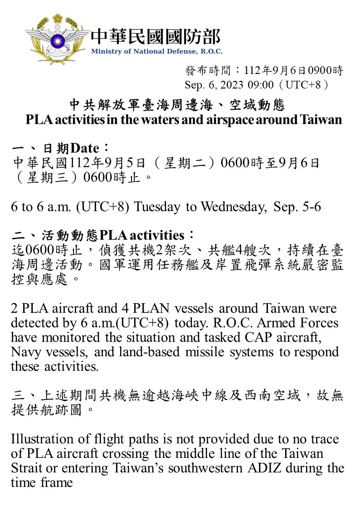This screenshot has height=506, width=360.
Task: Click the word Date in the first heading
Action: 85,148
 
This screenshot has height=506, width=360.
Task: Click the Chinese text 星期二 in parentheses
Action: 187,162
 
